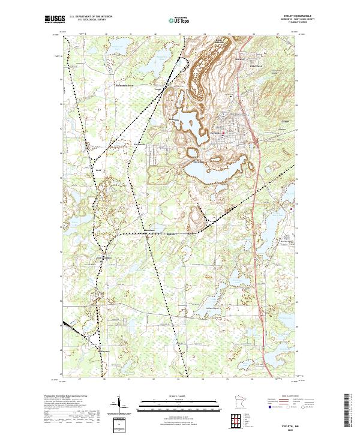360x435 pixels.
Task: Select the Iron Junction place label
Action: tap(103, 258)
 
